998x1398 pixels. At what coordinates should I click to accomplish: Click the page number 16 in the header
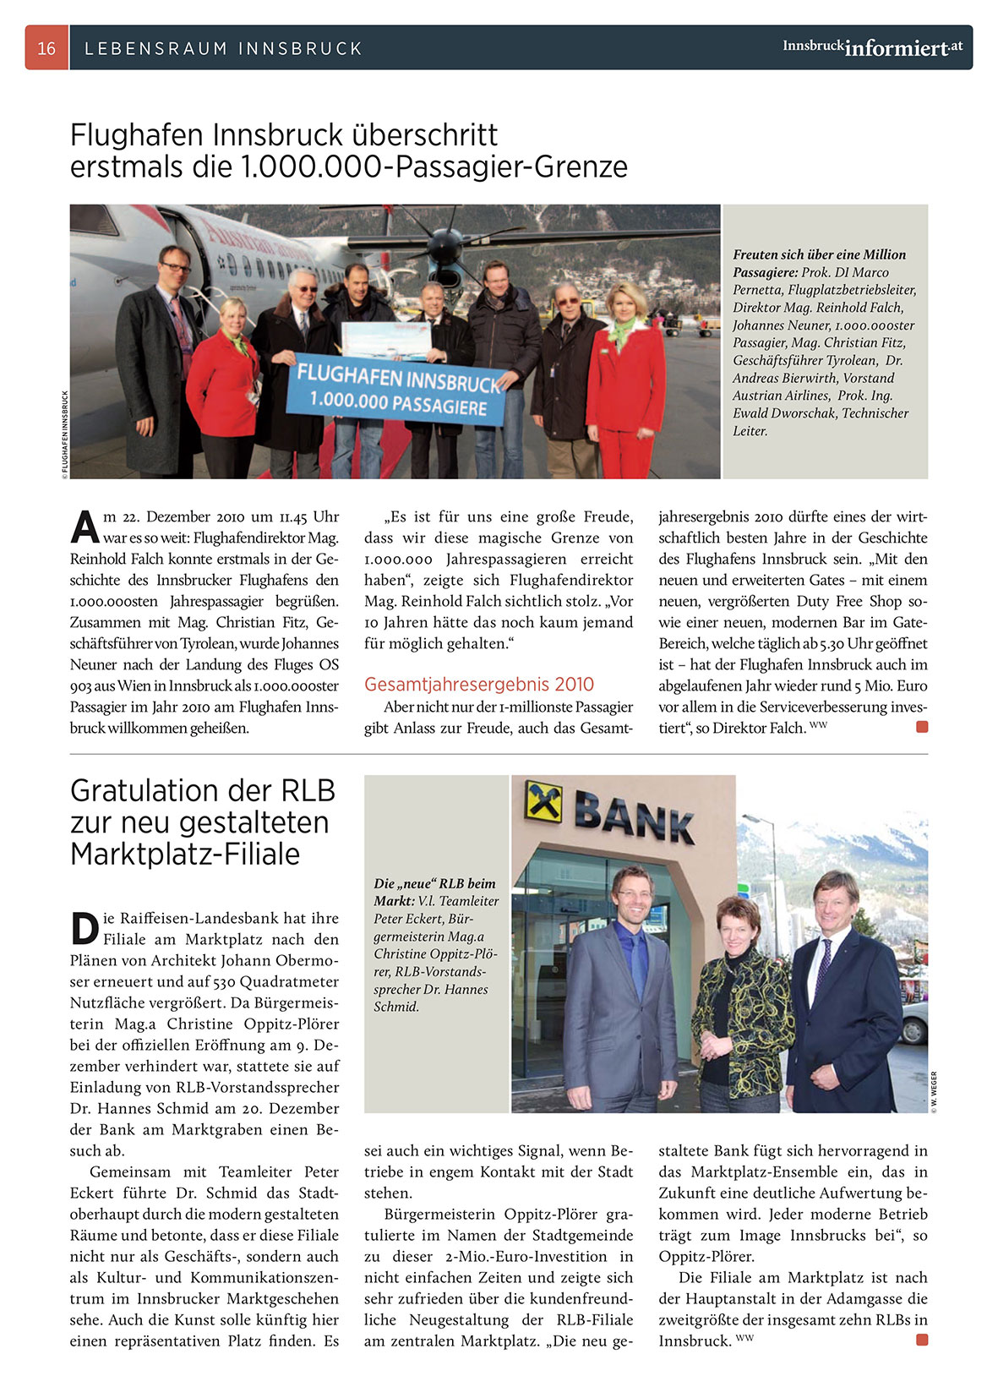(46, 48)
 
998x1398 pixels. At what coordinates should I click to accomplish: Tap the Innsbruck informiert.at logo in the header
(872, 47)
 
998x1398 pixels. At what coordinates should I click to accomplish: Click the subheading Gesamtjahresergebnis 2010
(478, 685)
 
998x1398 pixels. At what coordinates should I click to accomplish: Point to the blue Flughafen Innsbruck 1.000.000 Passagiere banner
(397, 391)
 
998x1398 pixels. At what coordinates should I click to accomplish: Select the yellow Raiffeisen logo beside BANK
(544, 800)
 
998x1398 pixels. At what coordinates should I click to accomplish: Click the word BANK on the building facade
(634, 817)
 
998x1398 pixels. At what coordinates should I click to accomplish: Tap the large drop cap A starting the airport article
(85, 526)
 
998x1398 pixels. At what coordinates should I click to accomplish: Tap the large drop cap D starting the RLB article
(85, 927)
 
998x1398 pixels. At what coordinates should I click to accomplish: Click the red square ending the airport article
(922, 727)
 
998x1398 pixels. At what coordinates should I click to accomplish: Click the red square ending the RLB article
(922, 1340)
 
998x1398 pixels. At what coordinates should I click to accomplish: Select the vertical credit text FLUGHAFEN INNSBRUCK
(64, 434)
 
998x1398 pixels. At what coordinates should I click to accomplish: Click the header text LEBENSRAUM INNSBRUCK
(223, 48)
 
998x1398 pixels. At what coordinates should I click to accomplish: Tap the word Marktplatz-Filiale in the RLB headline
(185, 855)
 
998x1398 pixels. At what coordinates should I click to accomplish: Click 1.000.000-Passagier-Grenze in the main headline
(434, 167)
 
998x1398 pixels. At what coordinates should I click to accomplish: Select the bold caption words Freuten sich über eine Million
(819, 254)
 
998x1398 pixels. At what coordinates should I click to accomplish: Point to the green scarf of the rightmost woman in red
(623, 328)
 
